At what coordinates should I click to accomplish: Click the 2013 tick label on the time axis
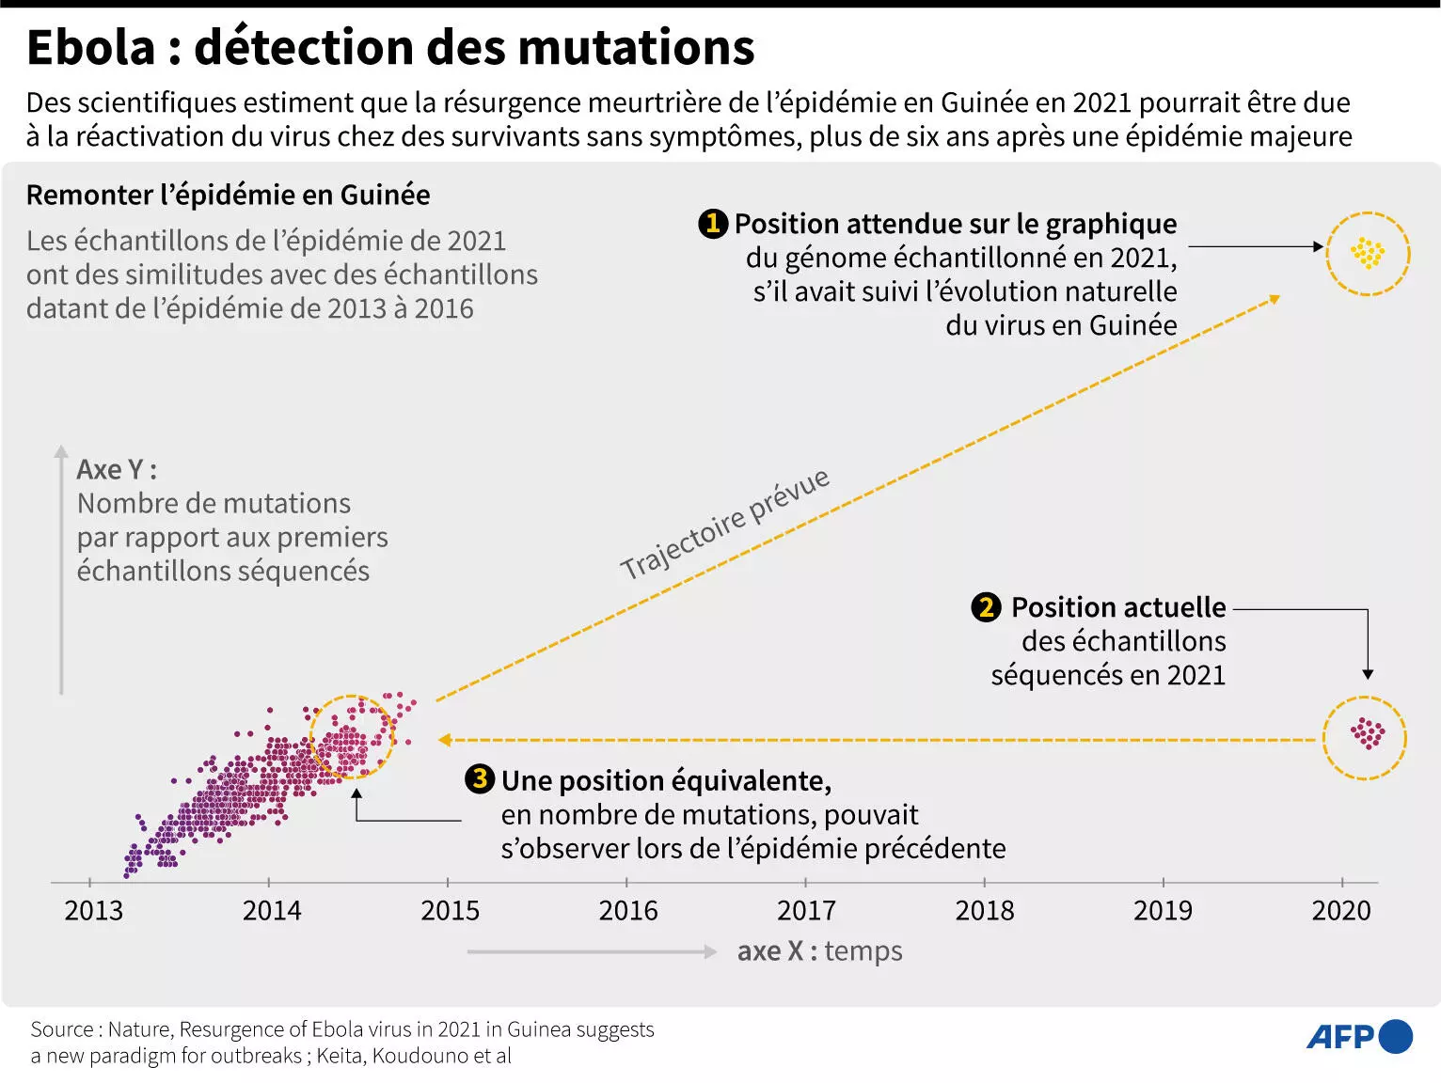(93, 910)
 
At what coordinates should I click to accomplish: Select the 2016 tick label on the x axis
(628, 910)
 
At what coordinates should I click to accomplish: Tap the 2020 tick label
(1340, 910)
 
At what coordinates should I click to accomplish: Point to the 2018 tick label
(984, 910)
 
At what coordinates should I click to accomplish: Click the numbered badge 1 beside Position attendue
(713, 224)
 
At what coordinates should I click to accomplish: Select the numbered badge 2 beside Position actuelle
(986, 607)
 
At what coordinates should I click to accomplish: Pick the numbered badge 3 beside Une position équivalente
(480, 779)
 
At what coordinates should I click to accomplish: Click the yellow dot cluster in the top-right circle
(1367, 253)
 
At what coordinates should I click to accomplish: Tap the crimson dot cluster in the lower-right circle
(1367, 733)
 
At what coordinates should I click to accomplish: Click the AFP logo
(1358, 1036)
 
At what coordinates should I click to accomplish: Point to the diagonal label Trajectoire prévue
(724, 524)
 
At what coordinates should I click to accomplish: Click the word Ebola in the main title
(91, 47)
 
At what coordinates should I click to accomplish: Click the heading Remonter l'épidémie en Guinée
(228, 195)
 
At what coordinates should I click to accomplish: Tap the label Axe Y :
(117, 469)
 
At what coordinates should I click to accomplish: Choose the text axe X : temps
(819, 951)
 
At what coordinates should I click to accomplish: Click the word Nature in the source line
(138, 1029)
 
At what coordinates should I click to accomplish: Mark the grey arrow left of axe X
(592, 951)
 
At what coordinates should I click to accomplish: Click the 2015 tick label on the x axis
(450, 910)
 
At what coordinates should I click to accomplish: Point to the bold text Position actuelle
(1117, 607)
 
